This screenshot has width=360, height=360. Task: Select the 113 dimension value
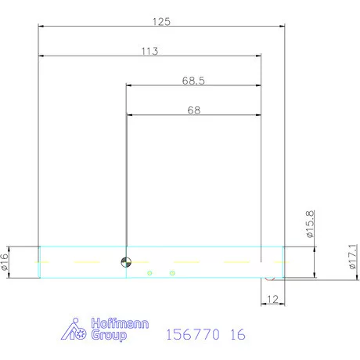(x=150, y=51)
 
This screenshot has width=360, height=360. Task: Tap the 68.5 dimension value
(x=193, y=80)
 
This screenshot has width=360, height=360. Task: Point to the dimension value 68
(x=193, y=110)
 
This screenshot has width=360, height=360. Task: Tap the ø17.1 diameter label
(x=353, y=257)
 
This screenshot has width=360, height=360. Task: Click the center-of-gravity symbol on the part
(x=125, y=261)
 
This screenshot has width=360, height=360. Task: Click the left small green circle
(x=148, y=272)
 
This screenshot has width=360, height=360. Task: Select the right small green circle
(x=172, y=272)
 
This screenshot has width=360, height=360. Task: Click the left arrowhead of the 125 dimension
(x=42, y=26)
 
